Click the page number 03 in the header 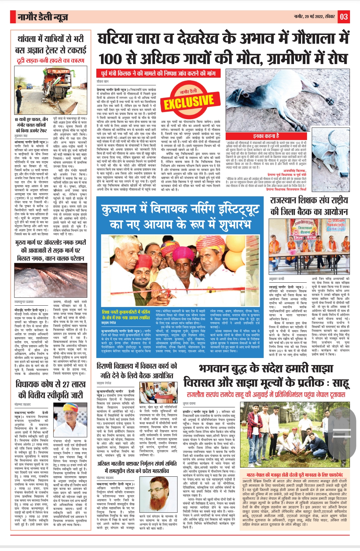(344, 17)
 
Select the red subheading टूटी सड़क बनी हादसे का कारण (50, 60)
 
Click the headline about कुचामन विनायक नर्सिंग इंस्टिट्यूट (181, 217)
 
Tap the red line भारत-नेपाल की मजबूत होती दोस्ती (295, 475)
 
